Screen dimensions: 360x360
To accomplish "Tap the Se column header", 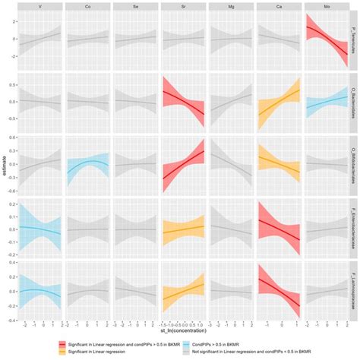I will pos(134,7).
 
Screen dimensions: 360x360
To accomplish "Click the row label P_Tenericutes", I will pos(355,43).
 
